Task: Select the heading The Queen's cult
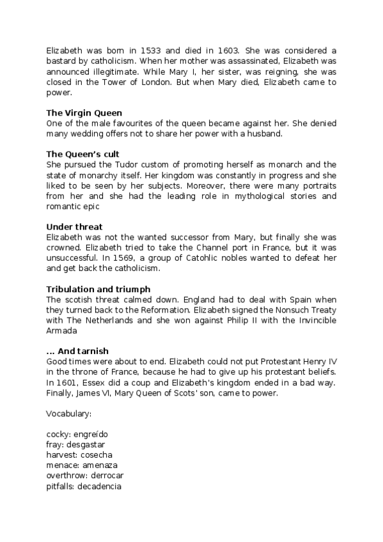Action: coord(83,154)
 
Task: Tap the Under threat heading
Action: coord(74,226)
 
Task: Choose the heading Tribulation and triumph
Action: coord(98,290)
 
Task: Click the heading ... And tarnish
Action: coord(77,351)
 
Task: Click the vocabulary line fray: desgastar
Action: coord(76,444)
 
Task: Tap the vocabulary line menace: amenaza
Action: coord(82,465)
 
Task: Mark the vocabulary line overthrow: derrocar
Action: coord(85,475)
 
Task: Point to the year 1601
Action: coord(66,382)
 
